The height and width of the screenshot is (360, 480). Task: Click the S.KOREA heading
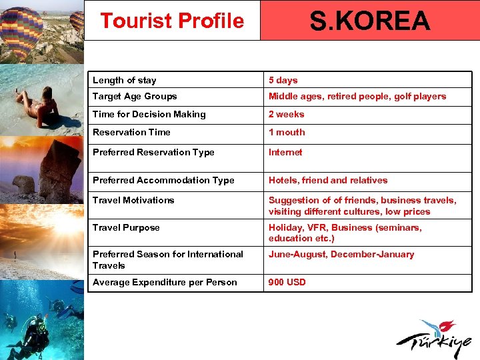tap(370, 21)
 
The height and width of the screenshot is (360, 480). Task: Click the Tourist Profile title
tap(172, 21)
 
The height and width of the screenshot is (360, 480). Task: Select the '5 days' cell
tap(283, 81)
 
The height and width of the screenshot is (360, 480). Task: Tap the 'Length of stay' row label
tap(125, 81)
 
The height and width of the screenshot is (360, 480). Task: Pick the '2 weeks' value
tap(286, 115)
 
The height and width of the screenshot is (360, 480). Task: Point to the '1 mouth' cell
tap(287, 133)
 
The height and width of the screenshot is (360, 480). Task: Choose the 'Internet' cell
tap(285, 153)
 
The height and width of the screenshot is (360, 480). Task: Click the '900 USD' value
tap(287, 283)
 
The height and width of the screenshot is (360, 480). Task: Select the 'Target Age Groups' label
tap(135, 97)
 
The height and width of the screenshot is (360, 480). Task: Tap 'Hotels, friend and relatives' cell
tap(328, 181)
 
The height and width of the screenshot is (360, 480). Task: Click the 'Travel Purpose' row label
tap(126, 228)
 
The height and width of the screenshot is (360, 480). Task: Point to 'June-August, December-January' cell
tap(341, 255)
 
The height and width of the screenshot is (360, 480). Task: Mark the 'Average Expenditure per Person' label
tap(165, 283)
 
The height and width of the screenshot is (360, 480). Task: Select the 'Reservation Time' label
tap(131, 133)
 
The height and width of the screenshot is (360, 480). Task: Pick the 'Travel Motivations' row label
tap(133, 201)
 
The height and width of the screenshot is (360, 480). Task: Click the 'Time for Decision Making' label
tap(149, 115)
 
